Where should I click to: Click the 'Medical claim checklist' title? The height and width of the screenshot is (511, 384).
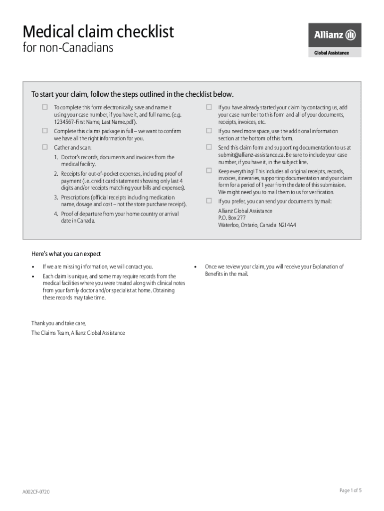pyautogui.click(x=98, y=32)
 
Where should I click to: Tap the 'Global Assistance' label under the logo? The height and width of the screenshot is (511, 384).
pyautogui.click(x=332, y=53)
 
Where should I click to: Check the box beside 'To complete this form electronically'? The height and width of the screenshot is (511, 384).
pyautogui.click(x=45, y=107)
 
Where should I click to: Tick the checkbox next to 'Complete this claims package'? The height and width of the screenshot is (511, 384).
pyautogui.click(x=45, y=131)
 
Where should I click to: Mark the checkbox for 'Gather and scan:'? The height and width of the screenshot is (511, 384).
pyautogui.click(x=45, y=148)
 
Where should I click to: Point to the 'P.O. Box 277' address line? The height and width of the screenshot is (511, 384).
pyautogui.click(x=232, y=218)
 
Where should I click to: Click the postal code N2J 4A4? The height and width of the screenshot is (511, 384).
pyautogui.click(x=287, y=225)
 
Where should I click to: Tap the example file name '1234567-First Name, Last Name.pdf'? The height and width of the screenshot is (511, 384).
pyautogui.click(x=94, y=122)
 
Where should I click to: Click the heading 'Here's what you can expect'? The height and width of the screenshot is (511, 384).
pyautogui.click(x=66, y=254)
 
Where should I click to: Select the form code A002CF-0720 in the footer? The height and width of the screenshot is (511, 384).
pyautogui.click(x=35, y=492)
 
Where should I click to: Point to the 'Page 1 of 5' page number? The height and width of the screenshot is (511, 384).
pyautogui.click(x=350, y=491)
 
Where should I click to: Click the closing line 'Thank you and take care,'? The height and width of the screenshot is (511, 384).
pyautogui.click(x=62, y=323)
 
